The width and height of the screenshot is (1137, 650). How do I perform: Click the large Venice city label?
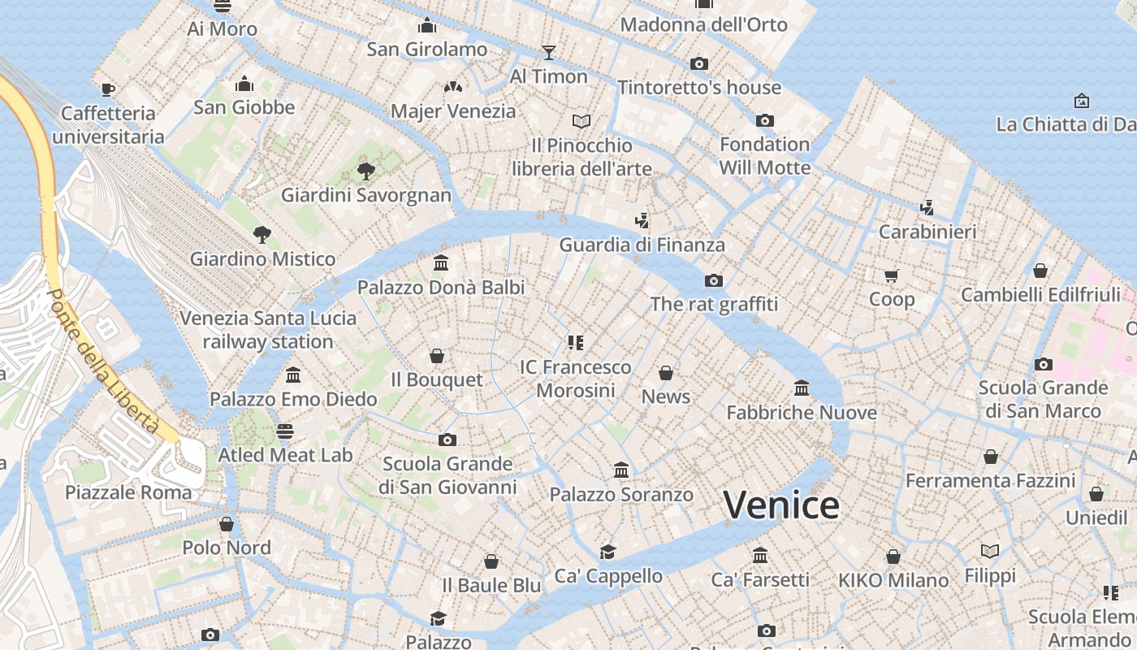[781, 505]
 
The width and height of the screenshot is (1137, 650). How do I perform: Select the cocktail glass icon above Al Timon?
[549, 53]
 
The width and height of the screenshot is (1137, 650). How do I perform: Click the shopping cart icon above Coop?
[892, 276]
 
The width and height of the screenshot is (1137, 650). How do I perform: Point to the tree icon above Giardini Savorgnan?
[366, 171]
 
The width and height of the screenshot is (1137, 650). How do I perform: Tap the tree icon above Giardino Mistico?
[262, 235]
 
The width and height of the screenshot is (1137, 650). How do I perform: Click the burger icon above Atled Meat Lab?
[284, 431]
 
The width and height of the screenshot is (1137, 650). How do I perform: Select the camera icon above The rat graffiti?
[714, 280]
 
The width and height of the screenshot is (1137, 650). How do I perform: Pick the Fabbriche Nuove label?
[802, 412]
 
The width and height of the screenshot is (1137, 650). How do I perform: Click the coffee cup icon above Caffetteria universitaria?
[108, 89]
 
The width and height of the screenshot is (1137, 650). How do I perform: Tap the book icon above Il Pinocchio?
[581, 121]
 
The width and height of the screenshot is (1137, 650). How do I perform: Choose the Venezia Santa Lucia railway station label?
[268, 329]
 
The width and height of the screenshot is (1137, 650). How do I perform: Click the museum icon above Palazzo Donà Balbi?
[441, 262]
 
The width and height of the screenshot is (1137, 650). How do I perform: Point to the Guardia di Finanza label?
[642, 245]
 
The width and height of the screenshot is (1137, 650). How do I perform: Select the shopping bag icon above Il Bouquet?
[437, 356]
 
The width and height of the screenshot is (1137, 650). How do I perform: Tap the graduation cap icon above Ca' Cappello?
[608, 552]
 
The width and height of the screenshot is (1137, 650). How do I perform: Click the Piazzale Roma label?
[128, 492]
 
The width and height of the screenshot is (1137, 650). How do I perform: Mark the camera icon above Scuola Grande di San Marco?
[1044, 364]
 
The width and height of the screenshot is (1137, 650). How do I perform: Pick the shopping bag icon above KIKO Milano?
[893, 557]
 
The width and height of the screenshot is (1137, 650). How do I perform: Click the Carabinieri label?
[927, 232]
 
